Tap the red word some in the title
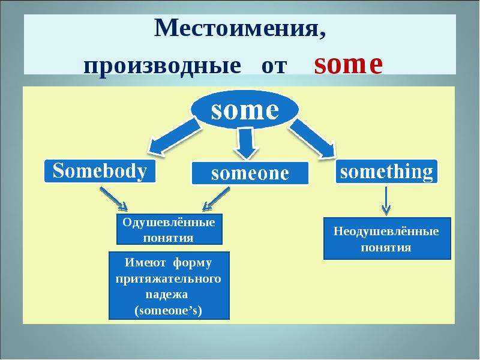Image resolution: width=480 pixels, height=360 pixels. tap(349, 64)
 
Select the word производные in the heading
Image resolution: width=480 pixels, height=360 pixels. tap(162, 66)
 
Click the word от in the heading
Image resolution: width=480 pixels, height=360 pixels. tap(274, 67)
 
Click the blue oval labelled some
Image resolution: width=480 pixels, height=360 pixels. tap(245, 110)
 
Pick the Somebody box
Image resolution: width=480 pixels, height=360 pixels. tap(100, 171)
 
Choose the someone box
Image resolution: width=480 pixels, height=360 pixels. tap(250, 173)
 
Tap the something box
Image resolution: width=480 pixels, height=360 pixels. tap(386, 172)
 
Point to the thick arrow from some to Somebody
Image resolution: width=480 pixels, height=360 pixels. tap(175, 137)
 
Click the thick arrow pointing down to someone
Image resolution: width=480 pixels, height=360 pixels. tap(246, 143)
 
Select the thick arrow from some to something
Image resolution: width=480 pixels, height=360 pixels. tap(312, 139)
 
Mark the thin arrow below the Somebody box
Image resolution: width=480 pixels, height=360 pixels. tap(113, 199)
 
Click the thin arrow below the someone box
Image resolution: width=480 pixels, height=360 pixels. tap(216, 199)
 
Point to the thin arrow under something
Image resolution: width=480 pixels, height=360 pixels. tap(386, 201)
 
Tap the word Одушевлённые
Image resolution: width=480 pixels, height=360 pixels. tap(169, 222)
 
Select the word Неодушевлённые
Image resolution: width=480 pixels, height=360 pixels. tap(386, 231)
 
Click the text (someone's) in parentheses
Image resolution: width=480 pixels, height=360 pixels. tap(169, 310)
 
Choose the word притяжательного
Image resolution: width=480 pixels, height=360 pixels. tap(169, 279)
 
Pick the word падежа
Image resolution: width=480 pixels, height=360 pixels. tap(167, 295)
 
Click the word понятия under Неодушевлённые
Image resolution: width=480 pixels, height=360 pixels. tap(386, 247)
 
